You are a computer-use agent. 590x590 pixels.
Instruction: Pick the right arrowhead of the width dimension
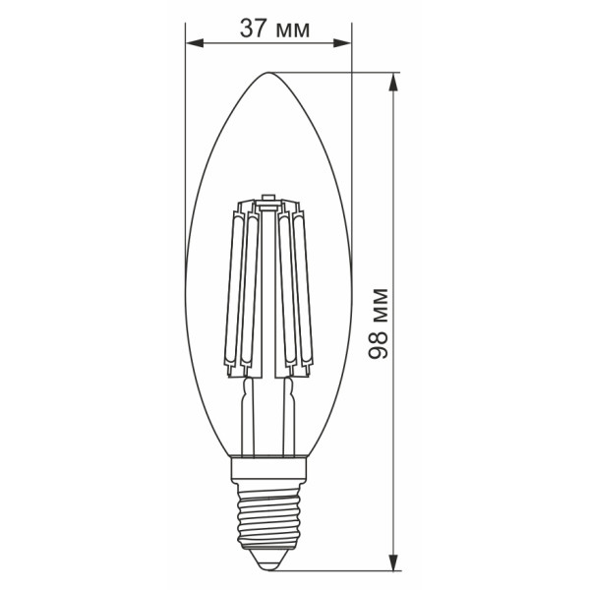pos(343,43)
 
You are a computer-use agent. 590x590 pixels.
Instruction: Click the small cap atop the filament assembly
pos(268,204)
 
